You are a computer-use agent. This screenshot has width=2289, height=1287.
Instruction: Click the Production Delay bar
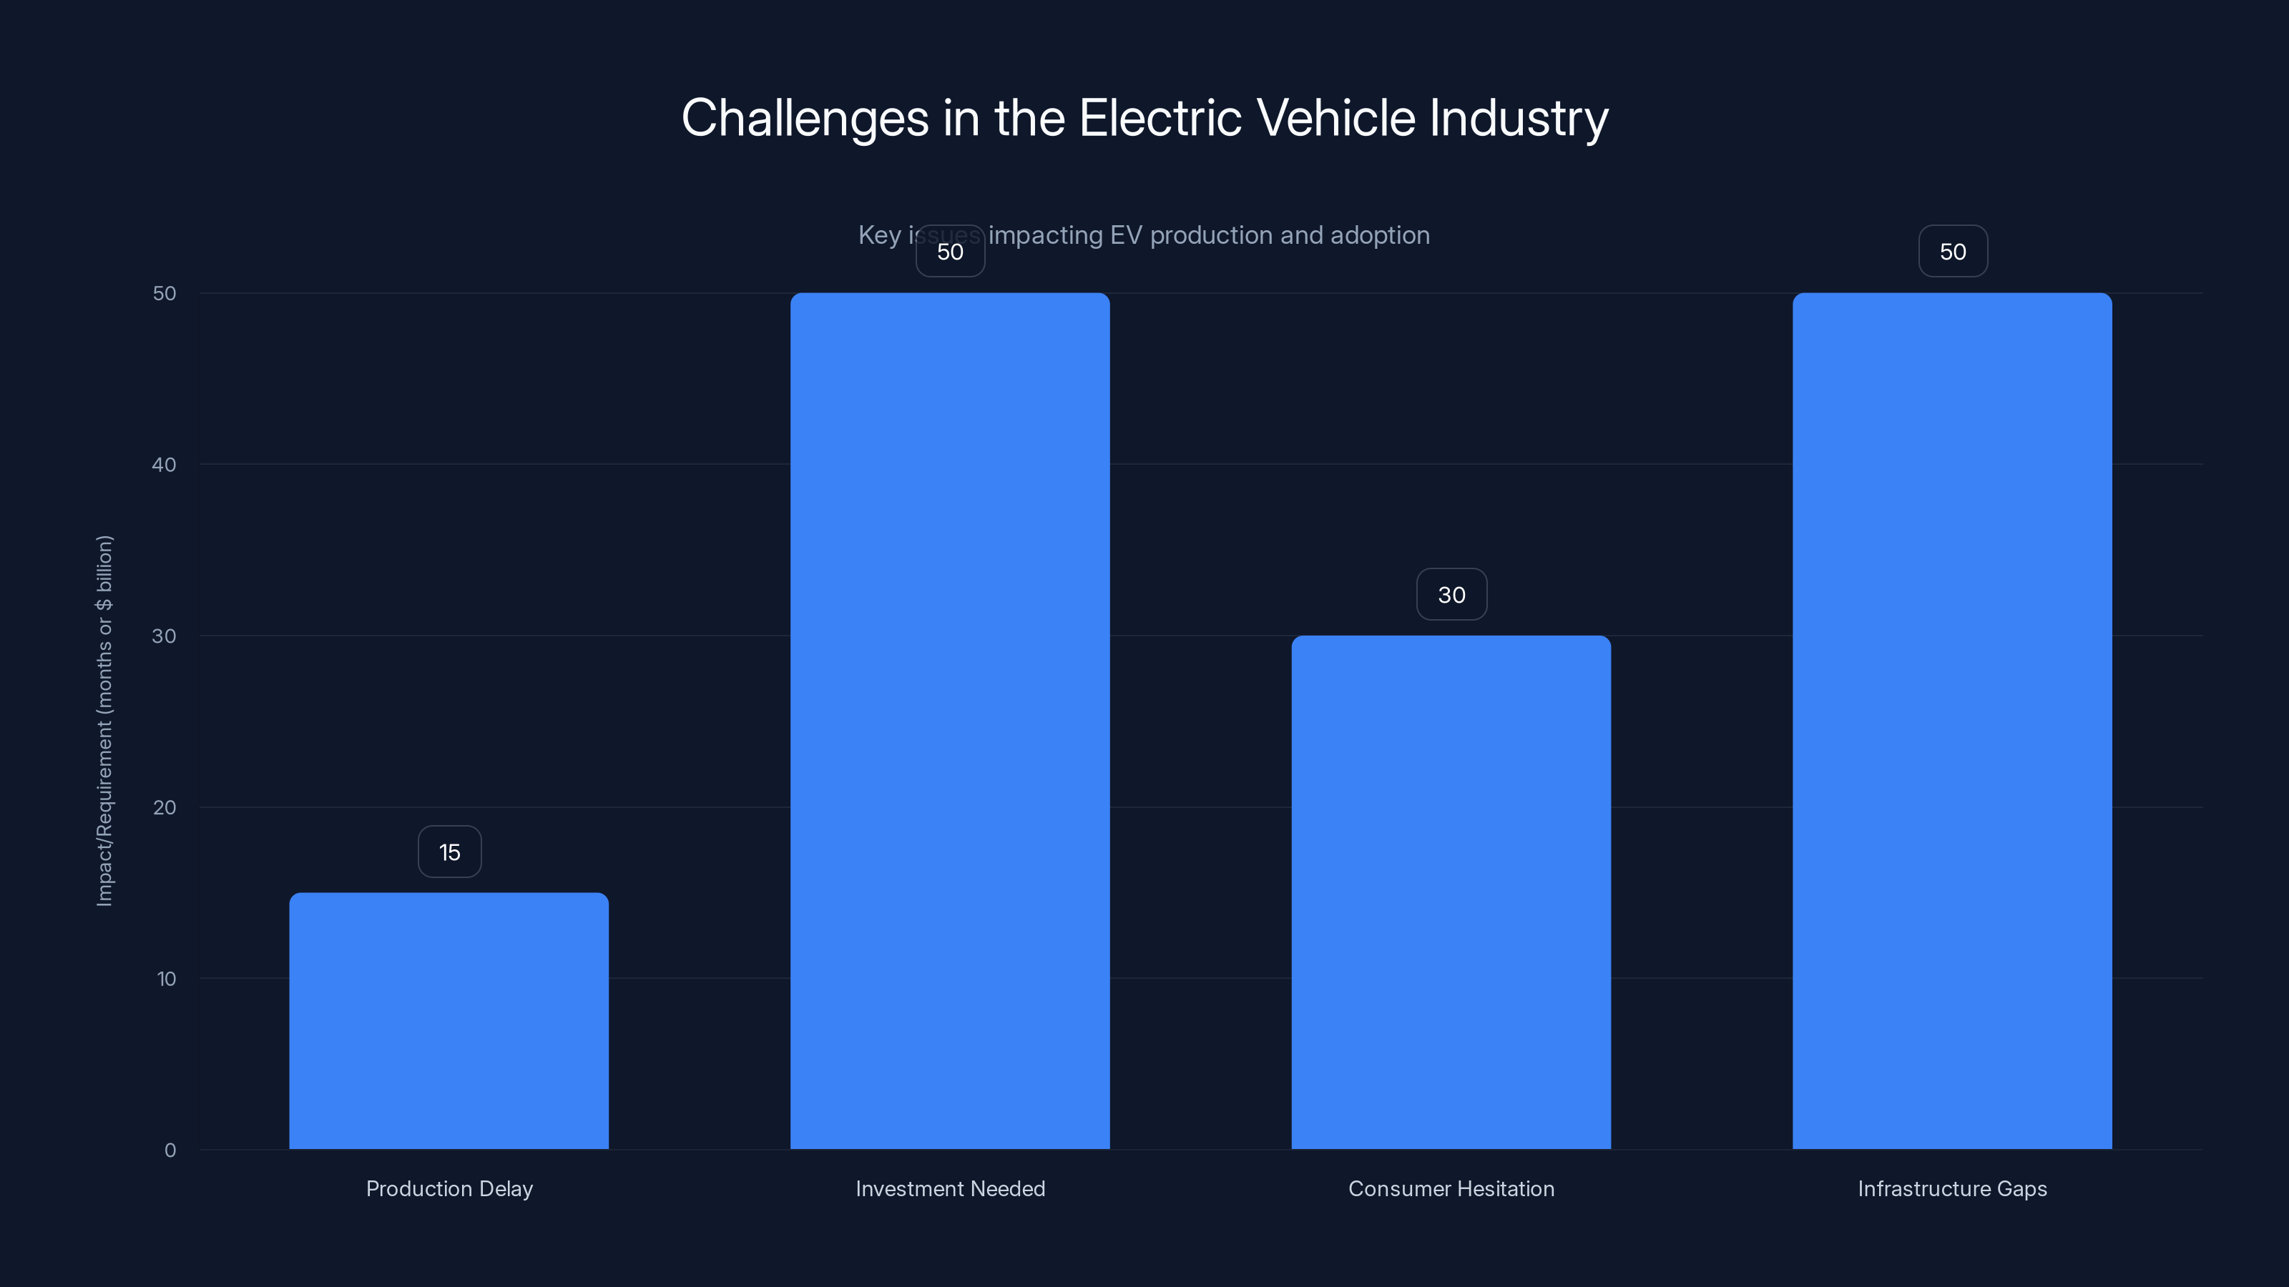[x=449, y=1022]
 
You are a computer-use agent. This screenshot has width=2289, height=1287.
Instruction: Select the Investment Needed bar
[x=950, y=720]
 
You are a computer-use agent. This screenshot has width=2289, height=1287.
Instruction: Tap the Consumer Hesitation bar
[x=1451, y=892]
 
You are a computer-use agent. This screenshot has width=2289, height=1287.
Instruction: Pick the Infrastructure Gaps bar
[x=1952, y=720]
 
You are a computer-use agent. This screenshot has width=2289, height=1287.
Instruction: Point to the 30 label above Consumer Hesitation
[x=1451, y=595]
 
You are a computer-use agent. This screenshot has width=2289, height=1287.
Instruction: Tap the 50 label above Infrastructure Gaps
[x=1952, y=252]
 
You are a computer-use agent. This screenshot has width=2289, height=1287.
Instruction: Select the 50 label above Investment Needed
[x=950, y=252]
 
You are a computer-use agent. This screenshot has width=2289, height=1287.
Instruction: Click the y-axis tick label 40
[x=165, y=465]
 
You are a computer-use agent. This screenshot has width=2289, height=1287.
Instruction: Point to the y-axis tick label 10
[x=166, y=979]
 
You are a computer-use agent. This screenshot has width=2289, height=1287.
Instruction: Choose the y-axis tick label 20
[x=165, y=807]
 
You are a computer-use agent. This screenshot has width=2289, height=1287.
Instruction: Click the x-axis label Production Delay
[x=450, y=1188]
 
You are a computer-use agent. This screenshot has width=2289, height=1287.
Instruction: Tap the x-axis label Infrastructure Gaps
[x=1952, y=1188]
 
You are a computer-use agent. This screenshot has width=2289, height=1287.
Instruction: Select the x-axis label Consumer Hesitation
[x=1451, y=1188]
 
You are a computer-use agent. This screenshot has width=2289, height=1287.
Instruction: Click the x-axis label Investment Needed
[x=950, y=1188]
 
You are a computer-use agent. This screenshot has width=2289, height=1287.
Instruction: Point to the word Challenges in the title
[x=804, y=118]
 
